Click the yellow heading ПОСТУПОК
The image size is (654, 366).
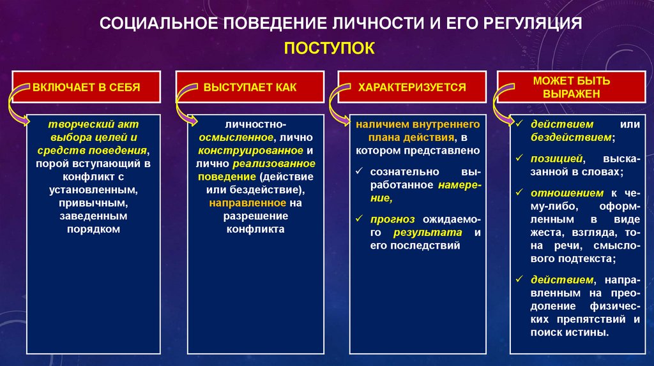pyautogui.click(x=329, y=48)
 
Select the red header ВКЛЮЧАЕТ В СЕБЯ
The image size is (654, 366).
pyautogui.click(x=86, y=87)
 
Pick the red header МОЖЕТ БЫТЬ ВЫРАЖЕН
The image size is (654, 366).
pyautogui.click(x=572, y=87)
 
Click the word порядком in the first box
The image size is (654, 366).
pyautogui.click(x=93, y=229)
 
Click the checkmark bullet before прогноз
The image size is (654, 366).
pyautogui.click(x=359, y=219)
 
